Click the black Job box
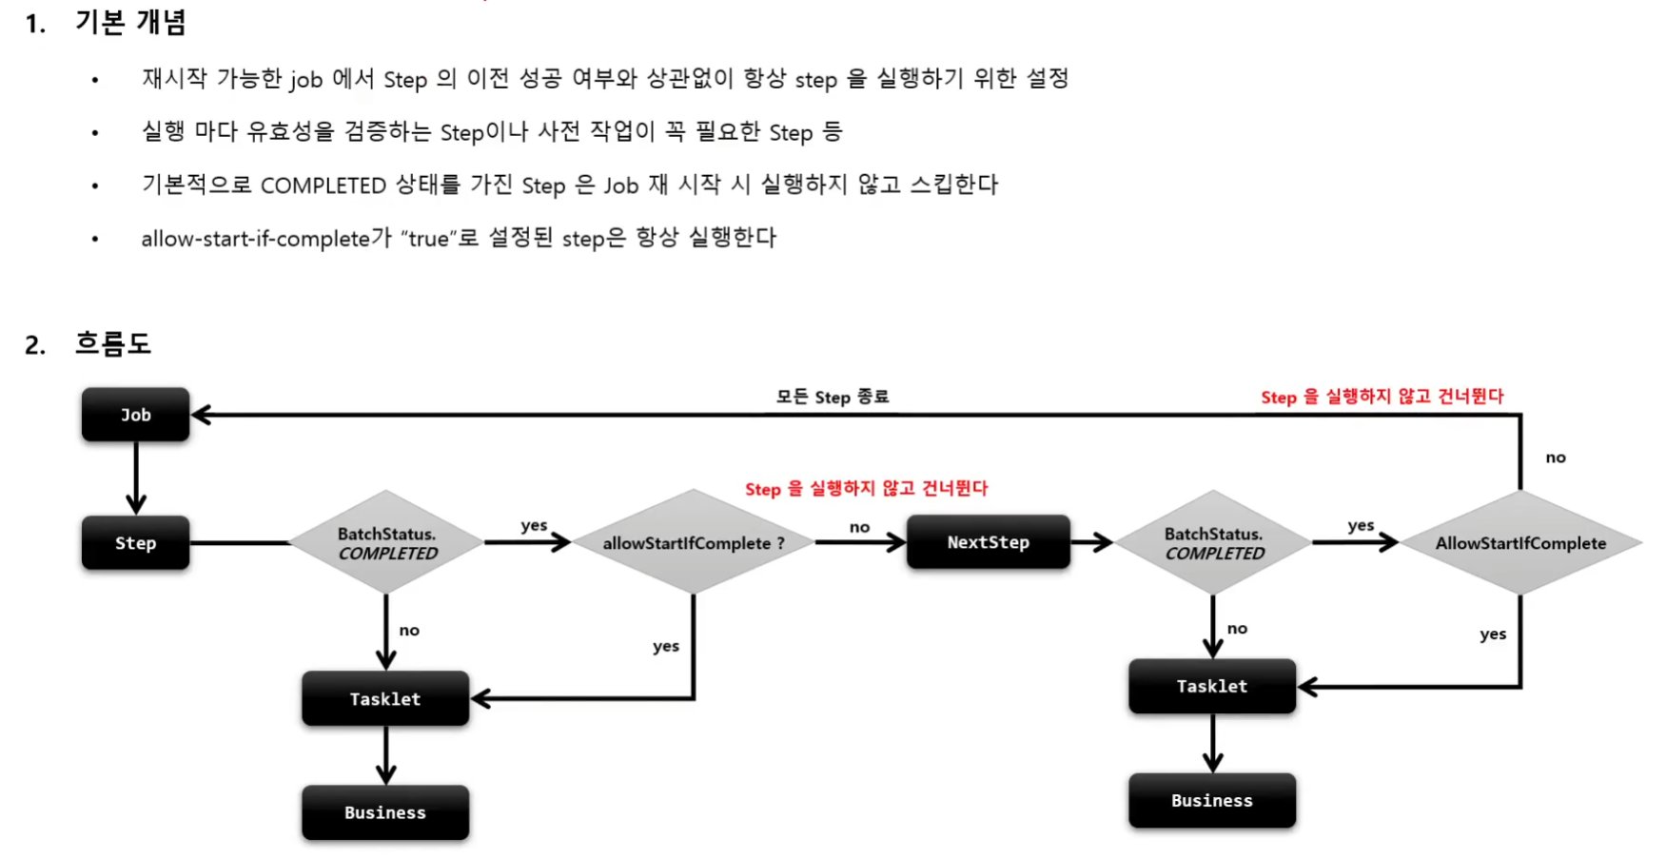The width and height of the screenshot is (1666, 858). [135, 415]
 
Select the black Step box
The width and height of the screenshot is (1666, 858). [135, 543]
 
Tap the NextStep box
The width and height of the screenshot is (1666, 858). [988, 542]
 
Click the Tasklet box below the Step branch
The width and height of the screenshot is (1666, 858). [385, 699]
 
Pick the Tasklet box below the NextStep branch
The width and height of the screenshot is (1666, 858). [1211, 686]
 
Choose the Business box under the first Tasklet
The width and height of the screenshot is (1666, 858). [385, 812]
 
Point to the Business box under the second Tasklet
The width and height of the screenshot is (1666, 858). [1211, 801]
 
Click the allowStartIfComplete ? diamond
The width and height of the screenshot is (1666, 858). [693, 543]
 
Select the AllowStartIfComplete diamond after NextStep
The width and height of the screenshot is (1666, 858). [1519, 543]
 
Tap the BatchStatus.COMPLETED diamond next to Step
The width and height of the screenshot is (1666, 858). [386, 543]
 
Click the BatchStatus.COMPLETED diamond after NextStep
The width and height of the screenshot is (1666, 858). [1213, 543]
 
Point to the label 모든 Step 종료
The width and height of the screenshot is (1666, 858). [832, 397]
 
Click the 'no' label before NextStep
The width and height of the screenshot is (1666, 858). [859, 527]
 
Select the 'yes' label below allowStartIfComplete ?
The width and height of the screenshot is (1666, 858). [666, 647]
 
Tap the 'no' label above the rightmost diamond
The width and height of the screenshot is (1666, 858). [1556, 458]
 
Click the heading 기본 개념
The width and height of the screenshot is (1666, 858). [130, 22]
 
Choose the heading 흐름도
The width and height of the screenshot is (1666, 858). [113, 343]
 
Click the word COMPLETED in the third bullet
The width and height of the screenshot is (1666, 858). [323, 185]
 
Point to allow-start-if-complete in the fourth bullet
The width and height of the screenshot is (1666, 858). [255, 239]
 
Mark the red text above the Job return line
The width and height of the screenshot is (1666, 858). [1382, 397]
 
